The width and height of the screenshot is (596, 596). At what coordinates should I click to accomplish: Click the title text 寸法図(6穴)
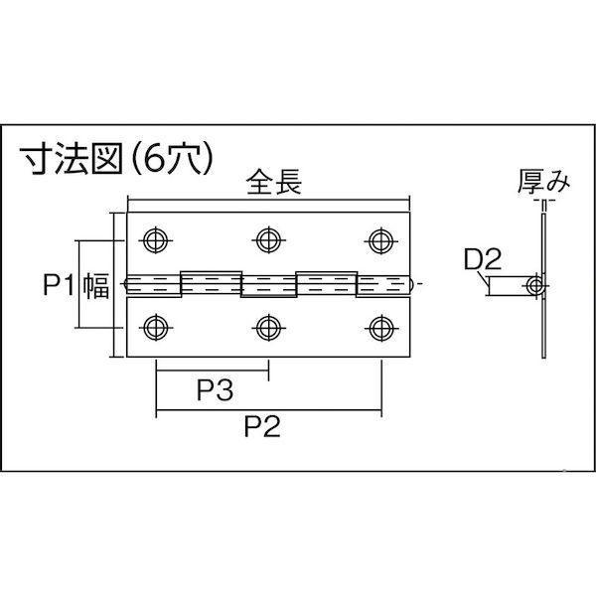click(117, 159)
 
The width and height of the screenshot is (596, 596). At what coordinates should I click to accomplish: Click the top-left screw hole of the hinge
click(154, 239)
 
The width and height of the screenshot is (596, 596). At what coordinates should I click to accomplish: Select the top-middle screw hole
click(266, 239)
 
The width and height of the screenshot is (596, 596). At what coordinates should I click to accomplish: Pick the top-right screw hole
click(378, 239)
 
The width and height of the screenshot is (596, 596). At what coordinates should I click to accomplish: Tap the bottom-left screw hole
click(154, 326)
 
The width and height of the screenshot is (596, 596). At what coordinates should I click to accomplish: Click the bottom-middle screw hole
click(266, 326)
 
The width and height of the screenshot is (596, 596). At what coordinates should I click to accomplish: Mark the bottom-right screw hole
click(378, 326)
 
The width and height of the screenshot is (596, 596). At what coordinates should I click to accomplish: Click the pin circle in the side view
click(536, 286)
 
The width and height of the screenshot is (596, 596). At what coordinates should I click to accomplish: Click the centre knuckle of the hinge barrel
click(268, 285)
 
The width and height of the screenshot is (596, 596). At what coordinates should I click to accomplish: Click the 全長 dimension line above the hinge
click(268, 202)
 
